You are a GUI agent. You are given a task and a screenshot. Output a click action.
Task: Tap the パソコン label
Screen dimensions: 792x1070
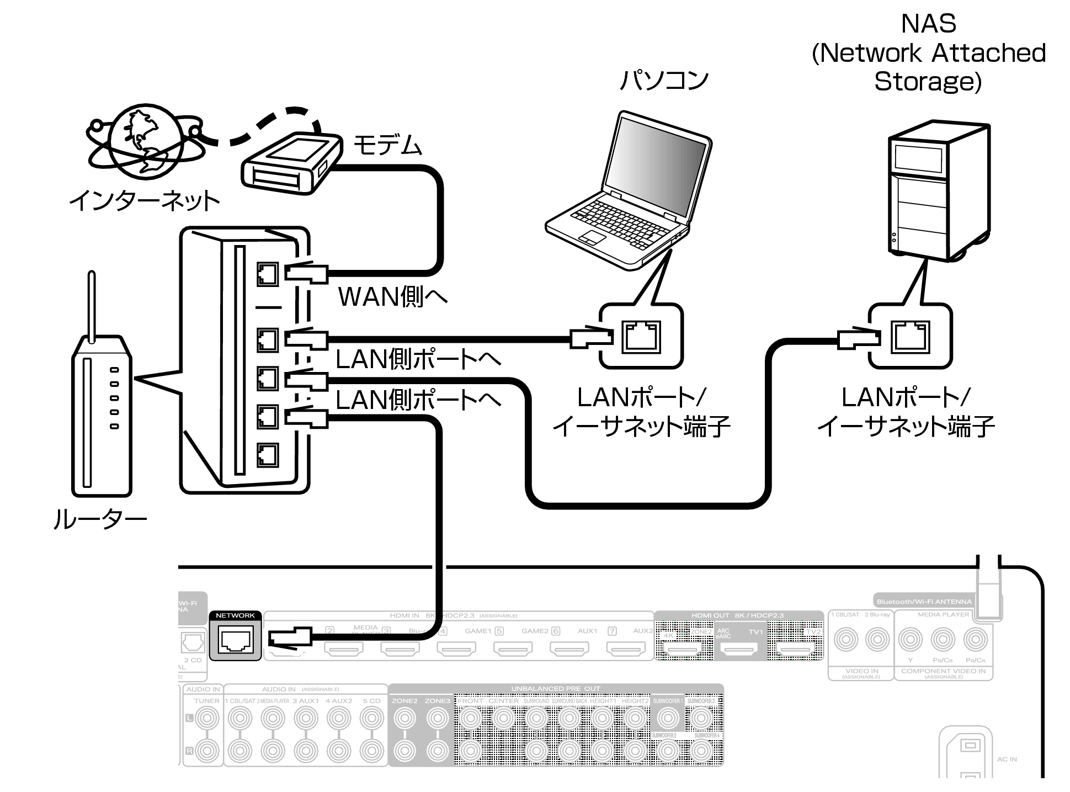[x=664, y=81]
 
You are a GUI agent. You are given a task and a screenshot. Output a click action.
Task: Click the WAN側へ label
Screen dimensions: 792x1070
[x=392, y=297]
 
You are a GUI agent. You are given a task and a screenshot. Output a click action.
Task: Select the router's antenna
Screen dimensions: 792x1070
[x=92, y=306]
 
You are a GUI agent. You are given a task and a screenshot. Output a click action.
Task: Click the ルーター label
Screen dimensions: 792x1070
[x=99, y=519]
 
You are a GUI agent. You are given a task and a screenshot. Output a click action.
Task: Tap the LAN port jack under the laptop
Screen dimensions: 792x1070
[x=641, y=337]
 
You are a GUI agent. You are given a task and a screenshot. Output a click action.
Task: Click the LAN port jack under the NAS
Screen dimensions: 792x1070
[x=910, y=337]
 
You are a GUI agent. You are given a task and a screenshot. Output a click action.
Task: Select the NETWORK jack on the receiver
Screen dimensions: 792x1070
[x=236, y=640]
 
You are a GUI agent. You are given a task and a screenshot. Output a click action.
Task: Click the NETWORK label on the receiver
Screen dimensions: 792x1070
[x=235, y=615]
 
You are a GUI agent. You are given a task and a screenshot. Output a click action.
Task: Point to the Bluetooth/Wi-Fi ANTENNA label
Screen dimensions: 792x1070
[x=924, y=602]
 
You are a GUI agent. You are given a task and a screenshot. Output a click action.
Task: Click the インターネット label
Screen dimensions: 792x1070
[x=145, y=201]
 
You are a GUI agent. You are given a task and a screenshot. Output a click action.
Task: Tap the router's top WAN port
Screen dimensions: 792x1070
[x=268, y=274]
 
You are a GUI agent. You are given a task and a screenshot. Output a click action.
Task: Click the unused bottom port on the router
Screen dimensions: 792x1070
[x=268, y=455]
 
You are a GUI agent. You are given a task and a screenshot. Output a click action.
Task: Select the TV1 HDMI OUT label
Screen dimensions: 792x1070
[x=755, y=632]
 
